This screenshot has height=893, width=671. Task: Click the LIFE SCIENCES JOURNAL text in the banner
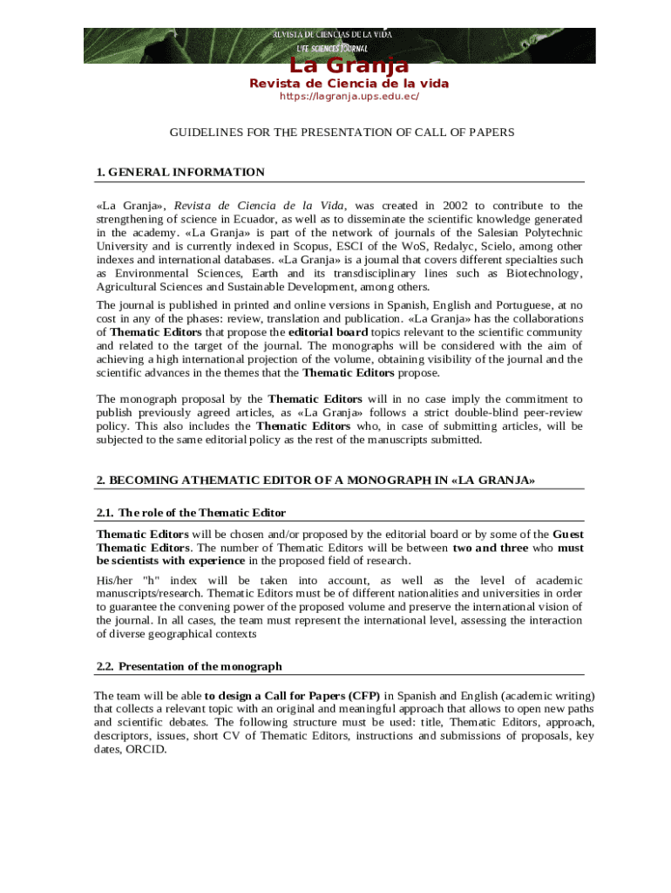(332, 49)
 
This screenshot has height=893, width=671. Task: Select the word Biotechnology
(546, 274)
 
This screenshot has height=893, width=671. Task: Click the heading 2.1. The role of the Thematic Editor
(191, 512)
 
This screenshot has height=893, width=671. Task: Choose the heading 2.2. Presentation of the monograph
(189, 666)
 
